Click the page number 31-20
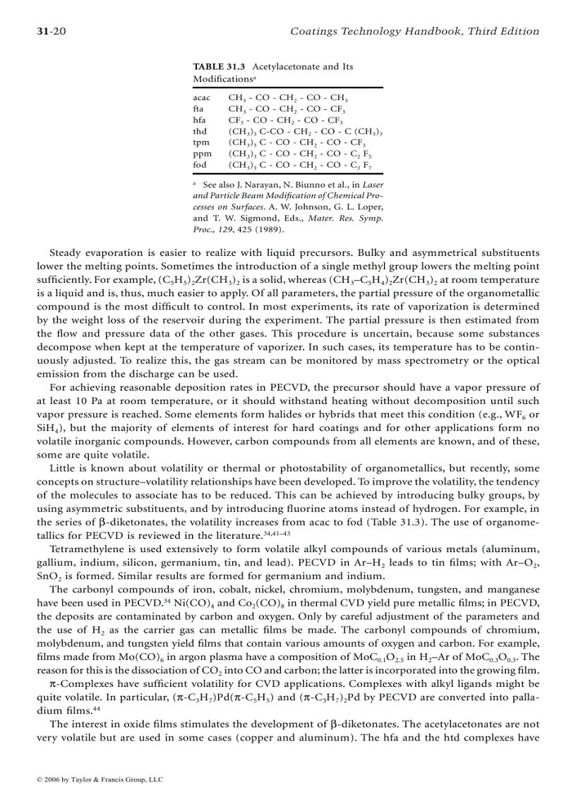pyautogui.click(x=51, y=31)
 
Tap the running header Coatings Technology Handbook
pyautogui.click(x=415, y=31)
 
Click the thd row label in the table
pyautogui.click(x=200, y=132)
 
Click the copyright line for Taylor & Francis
pyautogui.click(x=100, y=780)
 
